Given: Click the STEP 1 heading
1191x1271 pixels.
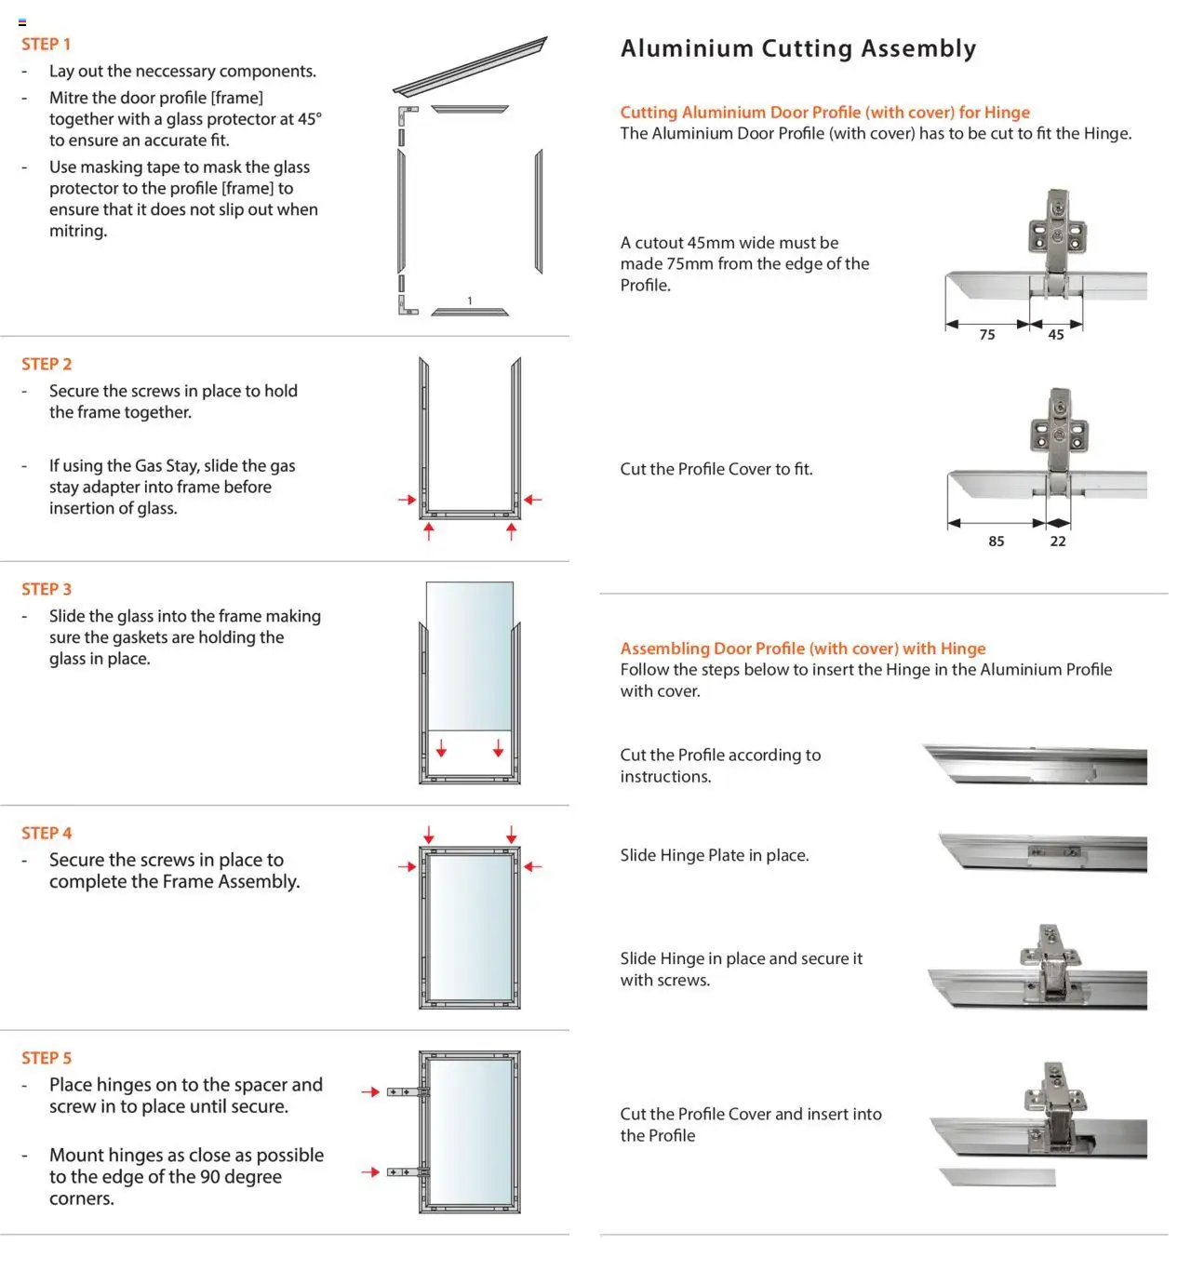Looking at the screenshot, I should (46, 44).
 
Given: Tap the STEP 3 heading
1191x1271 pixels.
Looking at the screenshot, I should (46, 589).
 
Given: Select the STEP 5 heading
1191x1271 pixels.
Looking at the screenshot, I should (46, 1058).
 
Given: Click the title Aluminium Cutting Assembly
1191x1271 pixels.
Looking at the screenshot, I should (798, 48).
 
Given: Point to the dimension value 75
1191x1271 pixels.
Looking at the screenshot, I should (987, 335).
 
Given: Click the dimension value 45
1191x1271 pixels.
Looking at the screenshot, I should (1056, 335).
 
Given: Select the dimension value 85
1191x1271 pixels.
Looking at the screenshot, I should (997, 542).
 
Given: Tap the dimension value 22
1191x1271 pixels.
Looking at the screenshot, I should (1058, 542).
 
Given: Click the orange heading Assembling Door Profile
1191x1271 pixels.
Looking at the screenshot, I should (802, 649).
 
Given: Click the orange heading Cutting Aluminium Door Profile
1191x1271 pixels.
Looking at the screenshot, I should (824, 113).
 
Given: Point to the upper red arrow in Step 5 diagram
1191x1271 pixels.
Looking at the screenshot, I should (370, 1092).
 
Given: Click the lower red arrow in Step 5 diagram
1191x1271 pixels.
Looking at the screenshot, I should (370, 1172).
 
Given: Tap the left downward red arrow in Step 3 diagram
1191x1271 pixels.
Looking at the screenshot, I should (441, 747).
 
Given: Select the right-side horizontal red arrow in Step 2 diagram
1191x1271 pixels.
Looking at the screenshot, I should (532, 500).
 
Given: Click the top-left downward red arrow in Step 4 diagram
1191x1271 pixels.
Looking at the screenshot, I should (429, 834).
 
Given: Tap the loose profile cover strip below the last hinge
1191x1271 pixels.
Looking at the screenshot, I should (997, 1177).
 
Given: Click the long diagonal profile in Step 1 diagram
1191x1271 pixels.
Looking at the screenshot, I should (471, 67).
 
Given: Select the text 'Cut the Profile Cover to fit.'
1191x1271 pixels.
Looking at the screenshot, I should (716, 470).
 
